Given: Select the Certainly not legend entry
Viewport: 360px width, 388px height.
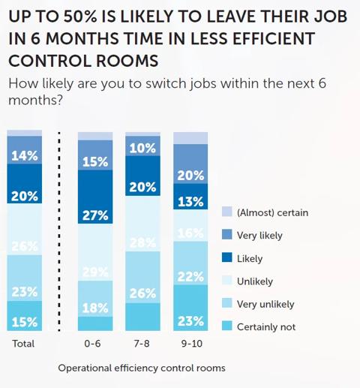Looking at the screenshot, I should (x=265, y=326).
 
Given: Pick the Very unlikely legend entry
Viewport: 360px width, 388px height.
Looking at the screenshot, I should (x=265, y=304).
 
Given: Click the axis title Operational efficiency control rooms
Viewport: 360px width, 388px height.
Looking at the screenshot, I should (x=141, y=368).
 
